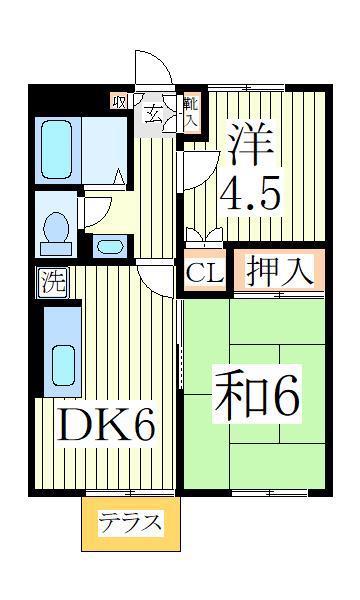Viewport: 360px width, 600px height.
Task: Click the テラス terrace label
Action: click(x=130, y=523)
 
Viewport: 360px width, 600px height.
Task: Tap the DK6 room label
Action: click(x=106, y=425)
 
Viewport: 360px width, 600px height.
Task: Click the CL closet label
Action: click(x=204, y=272)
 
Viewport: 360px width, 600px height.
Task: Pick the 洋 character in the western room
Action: click(x=251, y=144)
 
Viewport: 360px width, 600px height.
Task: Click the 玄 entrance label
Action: click(x=153, y=114)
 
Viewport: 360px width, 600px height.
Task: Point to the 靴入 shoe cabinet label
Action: click(x=191, y=113)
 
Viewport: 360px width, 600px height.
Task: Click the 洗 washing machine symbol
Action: click(x=53, y=282)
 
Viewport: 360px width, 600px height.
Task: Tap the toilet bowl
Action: click(x=56, y=230)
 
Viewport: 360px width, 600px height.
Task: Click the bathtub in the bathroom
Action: click(x=56, y=150)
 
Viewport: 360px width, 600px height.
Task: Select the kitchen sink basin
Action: click(x=63, y=365)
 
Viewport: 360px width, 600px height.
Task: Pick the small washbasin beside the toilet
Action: click(x=110, y=247)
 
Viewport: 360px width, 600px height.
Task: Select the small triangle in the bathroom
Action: click(x=119, y=176)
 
